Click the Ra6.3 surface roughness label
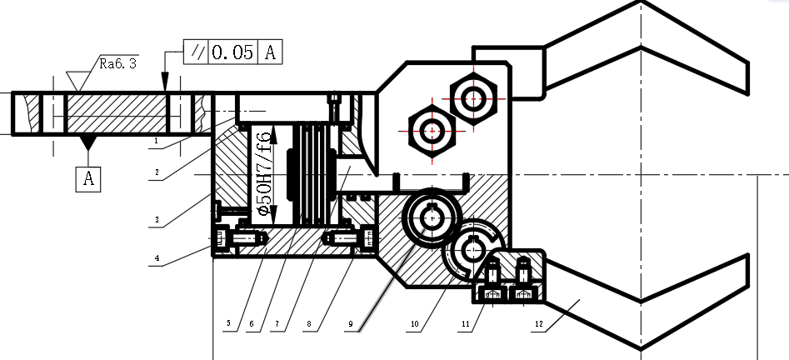coord(117,63)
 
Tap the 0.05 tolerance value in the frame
coord(232,52)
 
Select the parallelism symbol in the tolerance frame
coord(196,52)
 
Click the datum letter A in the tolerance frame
coord(270,52)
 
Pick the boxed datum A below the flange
coord(88,178)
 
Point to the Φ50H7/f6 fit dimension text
coord(263,172)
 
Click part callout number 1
coord(157,141)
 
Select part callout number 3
coord(157,219)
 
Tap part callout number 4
coord(157,258)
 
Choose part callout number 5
coord(228,322)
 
